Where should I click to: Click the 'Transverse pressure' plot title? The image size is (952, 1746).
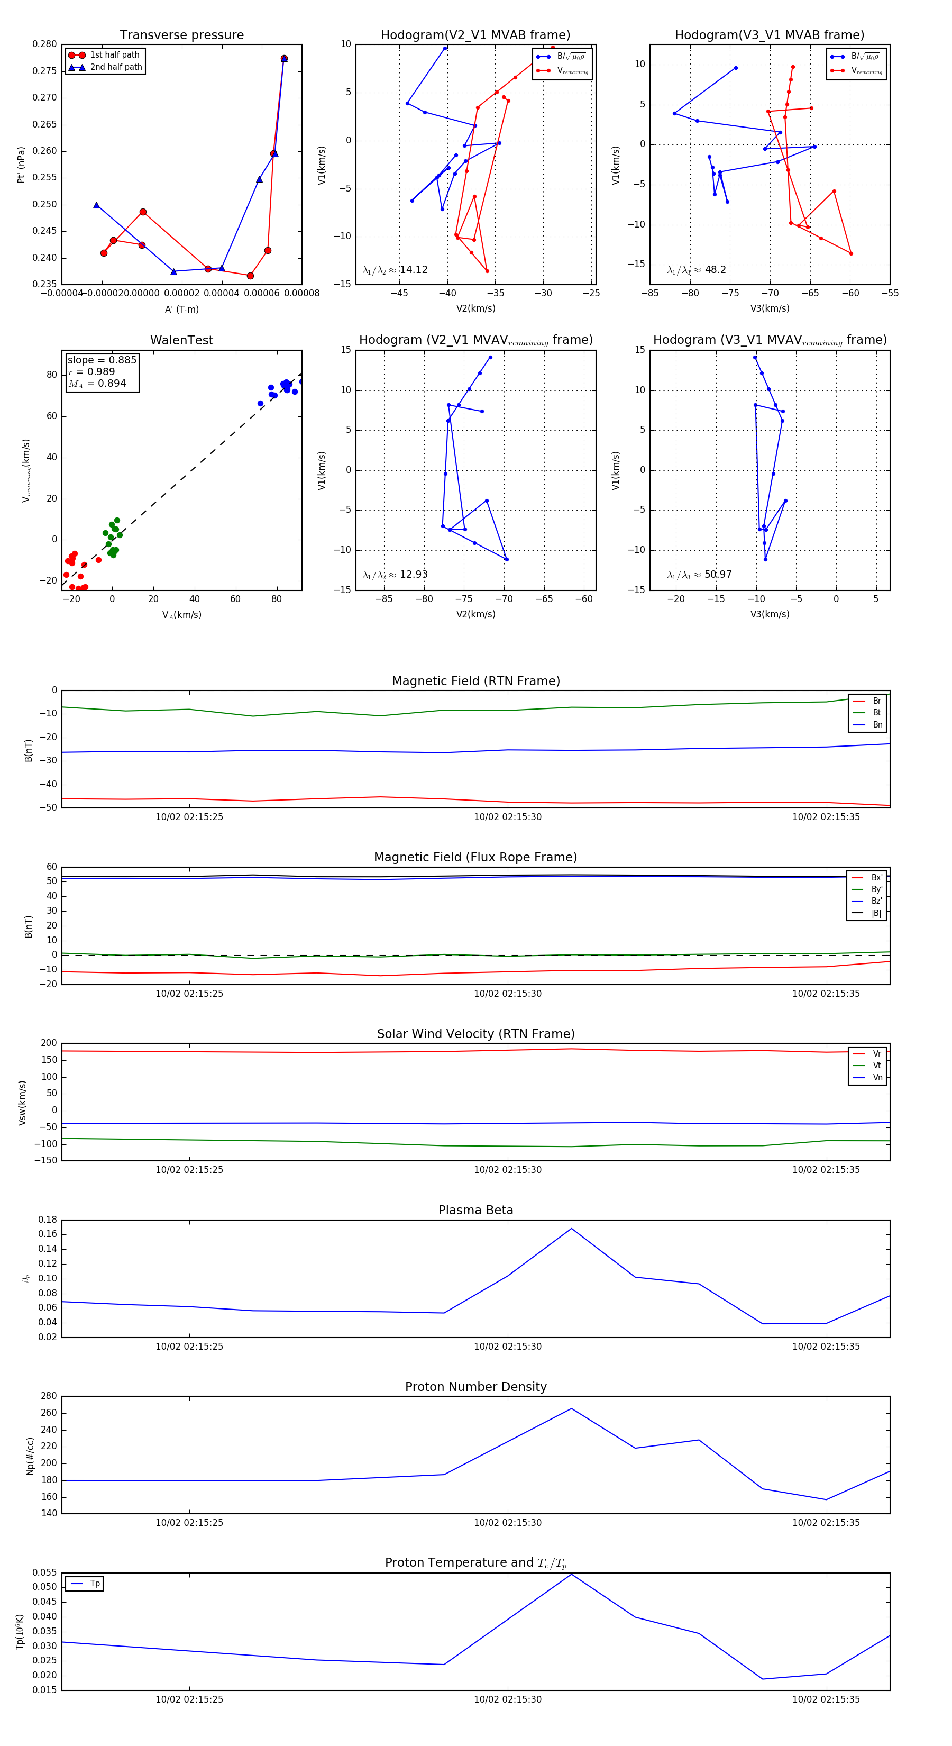point(181,35)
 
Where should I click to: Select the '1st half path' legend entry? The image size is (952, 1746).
point(114,55)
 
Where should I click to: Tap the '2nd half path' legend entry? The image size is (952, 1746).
point(115,67)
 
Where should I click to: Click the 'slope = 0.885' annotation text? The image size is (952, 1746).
point(102,360)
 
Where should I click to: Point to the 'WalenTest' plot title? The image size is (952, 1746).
point(181,340)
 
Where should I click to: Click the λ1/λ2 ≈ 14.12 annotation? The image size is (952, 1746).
point(395,270)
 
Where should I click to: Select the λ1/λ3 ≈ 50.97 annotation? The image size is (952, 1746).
point(699,575)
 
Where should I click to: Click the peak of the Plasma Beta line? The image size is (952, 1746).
point(571,1228)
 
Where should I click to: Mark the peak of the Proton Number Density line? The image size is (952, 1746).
point(571,1408)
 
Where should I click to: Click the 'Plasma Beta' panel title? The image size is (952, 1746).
point(475,1210)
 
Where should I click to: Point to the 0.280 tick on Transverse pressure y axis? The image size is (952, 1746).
point(45,44)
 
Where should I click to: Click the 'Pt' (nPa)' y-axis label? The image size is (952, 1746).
point(21,165)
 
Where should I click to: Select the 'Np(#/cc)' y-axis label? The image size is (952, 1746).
point(30,1456)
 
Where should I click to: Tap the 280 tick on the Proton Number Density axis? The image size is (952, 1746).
point(49,1396)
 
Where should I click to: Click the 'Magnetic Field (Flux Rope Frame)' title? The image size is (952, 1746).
point(475,858)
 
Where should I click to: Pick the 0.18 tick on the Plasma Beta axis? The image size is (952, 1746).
point(48,1220)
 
